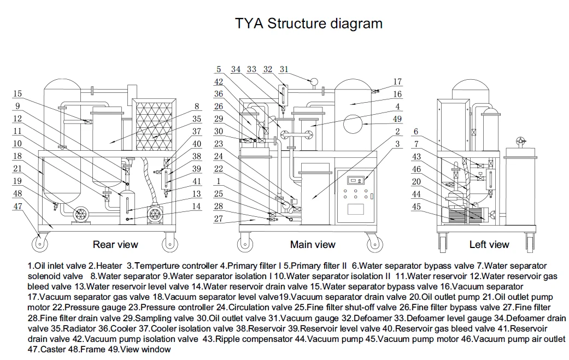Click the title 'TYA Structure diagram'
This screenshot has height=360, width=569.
click(308, 23)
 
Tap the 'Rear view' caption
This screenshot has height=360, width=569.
click(115, 244)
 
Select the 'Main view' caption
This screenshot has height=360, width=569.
click(313, 244)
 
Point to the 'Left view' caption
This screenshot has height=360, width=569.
click(489, 244)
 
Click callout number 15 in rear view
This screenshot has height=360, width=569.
click(18, 94)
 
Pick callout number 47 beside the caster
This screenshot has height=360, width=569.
click(18, 206)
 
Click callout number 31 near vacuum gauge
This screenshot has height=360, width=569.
click(284, 69)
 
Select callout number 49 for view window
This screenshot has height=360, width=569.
click(398, 119)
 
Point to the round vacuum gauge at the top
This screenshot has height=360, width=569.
click(314, 82)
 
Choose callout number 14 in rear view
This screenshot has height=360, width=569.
click(196, 206)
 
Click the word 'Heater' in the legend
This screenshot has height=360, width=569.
click(111, 266)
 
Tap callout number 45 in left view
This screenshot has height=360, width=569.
click(417, 206)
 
